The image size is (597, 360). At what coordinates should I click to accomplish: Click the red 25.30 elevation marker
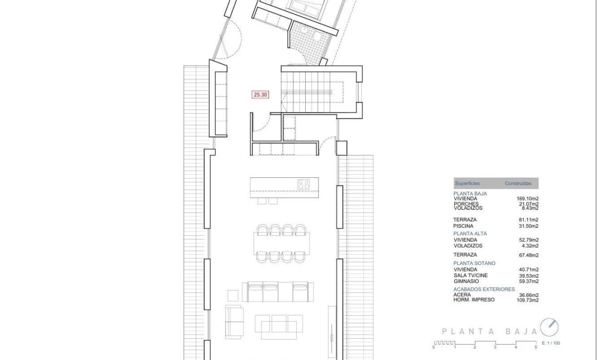point(260,95)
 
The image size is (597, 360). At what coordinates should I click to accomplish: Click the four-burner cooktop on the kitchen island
point(304,184)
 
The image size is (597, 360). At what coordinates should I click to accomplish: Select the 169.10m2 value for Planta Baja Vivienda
point(527,199)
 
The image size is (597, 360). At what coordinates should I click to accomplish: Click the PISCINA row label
point(463,226)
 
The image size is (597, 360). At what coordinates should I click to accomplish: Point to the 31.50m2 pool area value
point(529,226)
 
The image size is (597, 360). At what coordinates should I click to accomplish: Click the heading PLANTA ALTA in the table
point(470,234)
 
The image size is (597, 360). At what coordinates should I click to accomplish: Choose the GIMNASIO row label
point(466,281)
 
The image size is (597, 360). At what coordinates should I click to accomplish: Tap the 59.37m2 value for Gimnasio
point(529,281)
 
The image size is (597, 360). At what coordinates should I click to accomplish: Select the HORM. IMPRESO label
point(474,300)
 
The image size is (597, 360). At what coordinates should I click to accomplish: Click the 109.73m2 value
point(527,300)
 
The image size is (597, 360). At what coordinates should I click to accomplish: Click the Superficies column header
point(467,184)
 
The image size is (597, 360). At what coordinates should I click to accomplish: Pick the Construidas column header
point(518,184)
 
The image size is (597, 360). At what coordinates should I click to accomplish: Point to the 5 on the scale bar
point(536,347)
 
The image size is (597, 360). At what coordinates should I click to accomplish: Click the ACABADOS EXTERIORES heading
point(484,289)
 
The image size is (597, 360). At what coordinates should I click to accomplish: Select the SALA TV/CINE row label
point(471,276)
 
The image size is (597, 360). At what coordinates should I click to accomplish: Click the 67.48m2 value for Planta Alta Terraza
point(529,255)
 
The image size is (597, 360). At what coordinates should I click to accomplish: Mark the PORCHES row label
point(466,204)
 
